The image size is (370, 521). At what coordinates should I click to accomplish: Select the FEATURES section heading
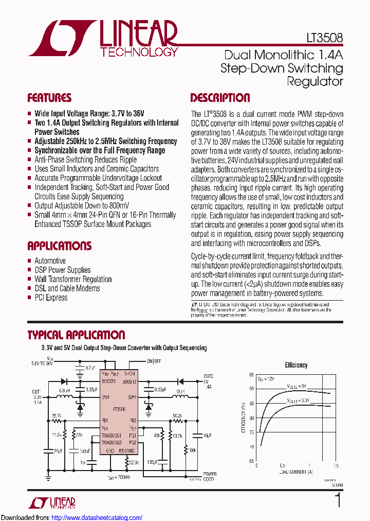pos(49,98)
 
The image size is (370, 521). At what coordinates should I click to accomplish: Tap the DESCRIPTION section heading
pos(220,98)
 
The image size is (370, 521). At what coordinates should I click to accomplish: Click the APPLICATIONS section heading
pos(59,246)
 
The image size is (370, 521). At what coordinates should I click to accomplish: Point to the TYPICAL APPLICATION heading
pos(76,335)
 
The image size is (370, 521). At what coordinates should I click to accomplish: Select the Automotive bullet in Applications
pos(50,260)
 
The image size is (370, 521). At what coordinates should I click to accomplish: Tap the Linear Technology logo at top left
pos(103,39)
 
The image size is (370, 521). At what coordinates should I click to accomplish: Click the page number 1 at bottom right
pos(338,500)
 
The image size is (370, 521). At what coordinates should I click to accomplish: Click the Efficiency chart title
pos(296,365)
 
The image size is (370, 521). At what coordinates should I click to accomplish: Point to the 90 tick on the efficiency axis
pos(251,389)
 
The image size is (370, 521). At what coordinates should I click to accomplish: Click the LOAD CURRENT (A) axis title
pos(296,471)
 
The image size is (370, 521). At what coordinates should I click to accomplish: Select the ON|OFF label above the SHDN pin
pos(155,360)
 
